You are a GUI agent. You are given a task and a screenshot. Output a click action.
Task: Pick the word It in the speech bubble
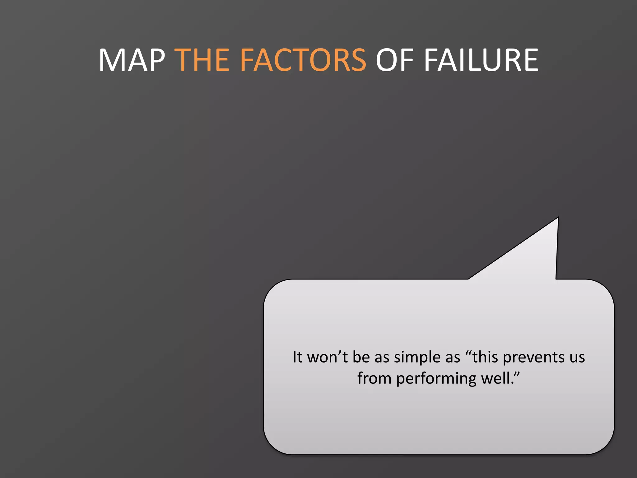tap(297, 357)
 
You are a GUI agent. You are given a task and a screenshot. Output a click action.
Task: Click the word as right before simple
tap(382, 358)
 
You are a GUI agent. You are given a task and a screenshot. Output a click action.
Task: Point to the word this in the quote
tap(485, 357)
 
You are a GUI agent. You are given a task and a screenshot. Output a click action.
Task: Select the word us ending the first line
tap(577, 358)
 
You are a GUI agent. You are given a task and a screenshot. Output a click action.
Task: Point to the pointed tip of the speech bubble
tap(558, 218)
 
